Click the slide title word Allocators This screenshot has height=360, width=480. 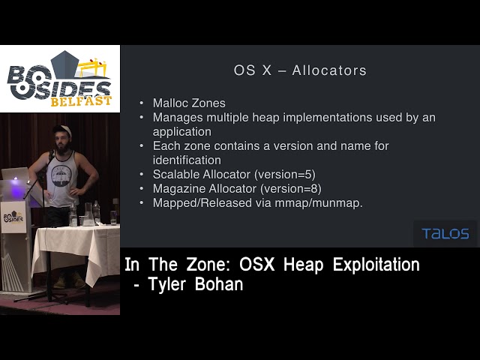coord(329,71)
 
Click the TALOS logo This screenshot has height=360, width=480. coord(445,233)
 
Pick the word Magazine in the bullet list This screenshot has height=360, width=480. coord(178,189)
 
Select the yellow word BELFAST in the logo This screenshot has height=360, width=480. coord(82,100)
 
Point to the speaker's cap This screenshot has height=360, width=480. coord(66,130)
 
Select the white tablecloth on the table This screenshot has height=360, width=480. coord(75,247)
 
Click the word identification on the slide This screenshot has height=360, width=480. coord(187,160)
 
